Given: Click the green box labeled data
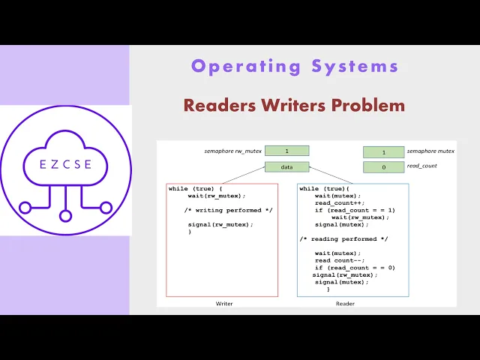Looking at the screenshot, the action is coord(286,166).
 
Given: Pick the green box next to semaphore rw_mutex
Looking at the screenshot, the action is coord(286,151).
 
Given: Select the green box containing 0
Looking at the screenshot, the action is coord(383,166).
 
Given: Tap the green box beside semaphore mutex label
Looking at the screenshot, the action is coord(383,151).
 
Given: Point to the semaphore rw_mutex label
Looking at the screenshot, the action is coord(233,151).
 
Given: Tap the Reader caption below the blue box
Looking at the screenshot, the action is coord(345,304).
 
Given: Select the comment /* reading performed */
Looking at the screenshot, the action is coord(343,238).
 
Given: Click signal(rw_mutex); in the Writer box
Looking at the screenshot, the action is coord(220,224).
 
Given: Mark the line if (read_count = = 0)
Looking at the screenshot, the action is coord(355,268).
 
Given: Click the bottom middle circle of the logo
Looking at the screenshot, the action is coord(65,216).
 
